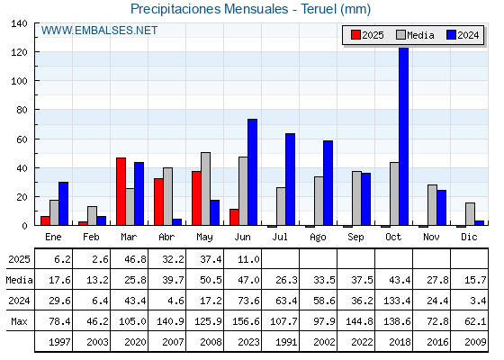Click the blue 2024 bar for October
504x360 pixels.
click(x=403, y=136)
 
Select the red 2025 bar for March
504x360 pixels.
click(x=121, y=191)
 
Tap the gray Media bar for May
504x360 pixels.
click(x=206, y=189)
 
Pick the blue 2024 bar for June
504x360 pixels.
click(x=252, y=172)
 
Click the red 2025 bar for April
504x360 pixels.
click(x=158, y=202)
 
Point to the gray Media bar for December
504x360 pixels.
click(x=470, y=214)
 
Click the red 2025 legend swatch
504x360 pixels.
click(x=355, y=35)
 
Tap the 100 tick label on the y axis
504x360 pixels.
click(x=19, y=81)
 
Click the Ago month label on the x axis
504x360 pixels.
click(x=318, y=238)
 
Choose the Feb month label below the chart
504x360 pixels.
click(x=91, y=237)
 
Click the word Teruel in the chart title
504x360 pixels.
click(x=319, y=9)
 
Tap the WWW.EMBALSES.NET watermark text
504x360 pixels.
click(x=99, y=31)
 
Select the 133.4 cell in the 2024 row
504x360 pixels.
click(x=397, y=301)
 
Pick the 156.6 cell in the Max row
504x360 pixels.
click(x=246, y=321)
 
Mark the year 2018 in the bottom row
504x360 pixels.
click(x=400, y=342)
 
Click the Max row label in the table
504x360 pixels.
click(x=19, y=321)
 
